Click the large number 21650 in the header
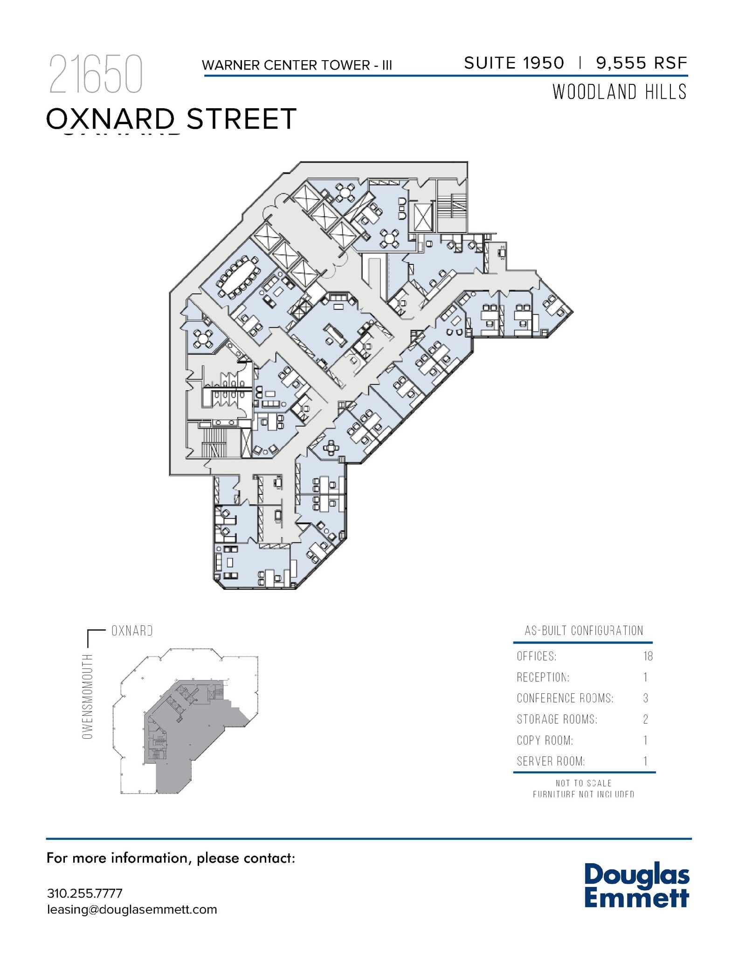96,75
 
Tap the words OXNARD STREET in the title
171,119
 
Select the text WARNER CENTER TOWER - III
297,65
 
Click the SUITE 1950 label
514,63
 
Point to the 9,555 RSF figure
641,63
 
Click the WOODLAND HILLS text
620,92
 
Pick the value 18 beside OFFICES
648,657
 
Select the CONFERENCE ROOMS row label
565,698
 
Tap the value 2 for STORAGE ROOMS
646,719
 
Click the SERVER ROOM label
551,761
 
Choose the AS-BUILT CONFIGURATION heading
584,631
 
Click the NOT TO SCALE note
583,783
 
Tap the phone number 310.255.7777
85,893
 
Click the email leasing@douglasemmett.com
132,910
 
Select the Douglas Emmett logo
636,886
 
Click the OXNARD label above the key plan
132,631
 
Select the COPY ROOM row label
545,740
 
